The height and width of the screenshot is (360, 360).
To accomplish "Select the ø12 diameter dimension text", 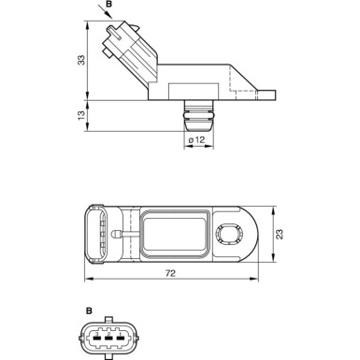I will tap(197, 140).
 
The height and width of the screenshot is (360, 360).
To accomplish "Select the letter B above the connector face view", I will tap(89, 310).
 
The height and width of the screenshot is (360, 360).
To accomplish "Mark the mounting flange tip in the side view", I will tap(271, 94).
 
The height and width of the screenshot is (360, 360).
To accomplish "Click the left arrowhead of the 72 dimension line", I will tap(86, 281).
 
